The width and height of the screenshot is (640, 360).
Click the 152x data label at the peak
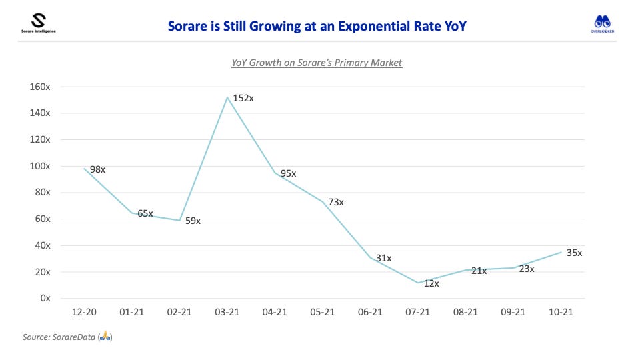(243, 98)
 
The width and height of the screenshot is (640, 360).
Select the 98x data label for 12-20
(97, 169)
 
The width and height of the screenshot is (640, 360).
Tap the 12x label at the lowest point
(431, 284)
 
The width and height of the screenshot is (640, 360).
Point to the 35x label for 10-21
(574, 253)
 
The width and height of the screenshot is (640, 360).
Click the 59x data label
(193, 221)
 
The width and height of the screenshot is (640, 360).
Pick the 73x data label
(335, 202)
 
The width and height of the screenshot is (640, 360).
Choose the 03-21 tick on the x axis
(227, 312)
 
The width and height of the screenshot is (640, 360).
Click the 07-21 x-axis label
(417, 312)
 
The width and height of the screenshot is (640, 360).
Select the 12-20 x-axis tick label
(85, 312)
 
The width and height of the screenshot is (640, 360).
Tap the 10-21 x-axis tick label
(559, 312)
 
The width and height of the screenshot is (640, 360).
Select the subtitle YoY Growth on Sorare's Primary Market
(317, 63)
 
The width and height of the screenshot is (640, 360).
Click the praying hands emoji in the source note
(105, 338)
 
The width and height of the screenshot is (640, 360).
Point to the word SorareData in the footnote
(73, 338)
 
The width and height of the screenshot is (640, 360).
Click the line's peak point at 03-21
(227, 97)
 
